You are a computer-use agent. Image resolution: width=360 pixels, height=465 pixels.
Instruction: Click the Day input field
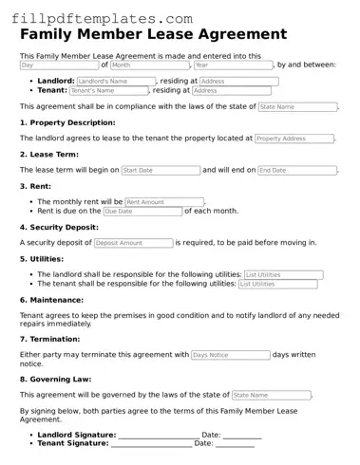click(58, 65)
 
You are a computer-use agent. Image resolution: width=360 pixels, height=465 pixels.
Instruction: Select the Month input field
click(150, 65)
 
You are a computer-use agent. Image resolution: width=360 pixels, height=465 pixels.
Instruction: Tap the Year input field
click(232, 65)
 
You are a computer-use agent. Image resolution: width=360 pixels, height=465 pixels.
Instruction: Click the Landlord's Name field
click(115, 82)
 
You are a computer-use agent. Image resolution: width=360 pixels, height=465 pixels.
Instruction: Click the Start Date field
click(160, 171)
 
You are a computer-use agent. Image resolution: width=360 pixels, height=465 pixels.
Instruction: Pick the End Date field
click(296, 171)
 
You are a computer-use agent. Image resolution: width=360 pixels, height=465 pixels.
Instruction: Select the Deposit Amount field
click(132, 243)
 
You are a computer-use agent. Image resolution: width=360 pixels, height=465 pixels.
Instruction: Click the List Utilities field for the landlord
click(283, 275)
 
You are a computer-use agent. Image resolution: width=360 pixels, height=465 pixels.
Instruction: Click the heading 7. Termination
click(53, 339)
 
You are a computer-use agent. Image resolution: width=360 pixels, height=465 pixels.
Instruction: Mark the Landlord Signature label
click(76, 435)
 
